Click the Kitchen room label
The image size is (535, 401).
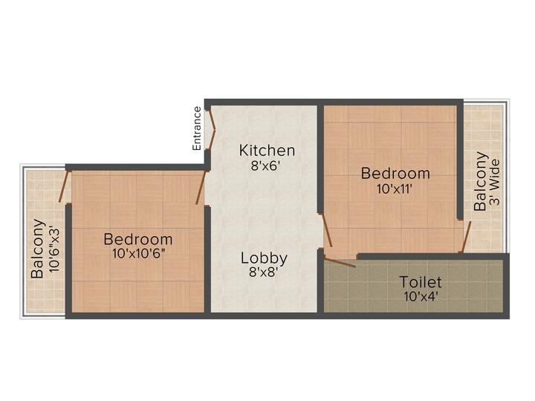click(266, 151)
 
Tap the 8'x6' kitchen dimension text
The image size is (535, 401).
click(266, 166)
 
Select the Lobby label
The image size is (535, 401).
click(264, 258)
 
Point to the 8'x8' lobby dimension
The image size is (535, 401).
click(264, 273)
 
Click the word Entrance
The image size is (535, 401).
click(197, 129)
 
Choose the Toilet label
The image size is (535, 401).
click(421, 282)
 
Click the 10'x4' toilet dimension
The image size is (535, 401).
click(421, 296)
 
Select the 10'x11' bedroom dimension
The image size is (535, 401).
click(394, 189)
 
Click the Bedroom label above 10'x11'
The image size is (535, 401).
click(395, 174)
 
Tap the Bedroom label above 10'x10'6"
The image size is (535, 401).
click(138, 239)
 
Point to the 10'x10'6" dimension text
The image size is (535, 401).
click(138, 254)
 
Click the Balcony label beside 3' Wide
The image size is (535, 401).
click(481, 181)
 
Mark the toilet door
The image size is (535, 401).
click(340, 261)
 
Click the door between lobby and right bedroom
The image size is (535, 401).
click(325, 231)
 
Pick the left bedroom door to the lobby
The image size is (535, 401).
click(201, 186)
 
